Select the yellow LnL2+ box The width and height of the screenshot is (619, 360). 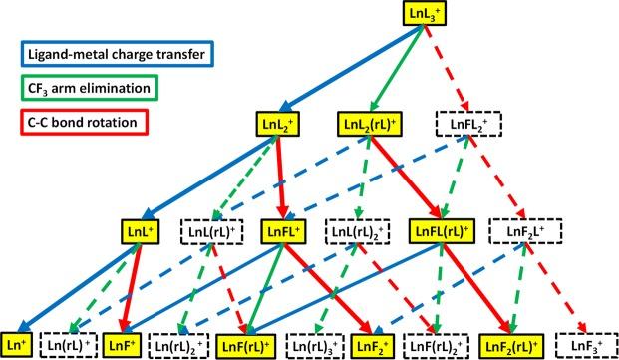(275, 124)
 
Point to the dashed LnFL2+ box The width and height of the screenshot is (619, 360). (464, 124)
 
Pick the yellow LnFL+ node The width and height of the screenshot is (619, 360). (288, 232)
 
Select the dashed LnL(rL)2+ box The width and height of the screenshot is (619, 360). (363, 232)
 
